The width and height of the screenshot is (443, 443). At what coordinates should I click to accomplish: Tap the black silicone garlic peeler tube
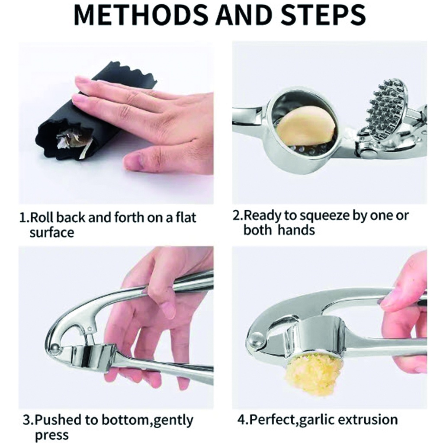pos(93,113)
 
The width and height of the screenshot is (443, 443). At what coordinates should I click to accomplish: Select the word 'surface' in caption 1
pos(52,232)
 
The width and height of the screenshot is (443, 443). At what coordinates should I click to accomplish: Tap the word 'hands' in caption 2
pos(296,230)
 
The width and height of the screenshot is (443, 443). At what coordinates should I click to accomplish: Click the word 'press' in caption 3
pos(51,435)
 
